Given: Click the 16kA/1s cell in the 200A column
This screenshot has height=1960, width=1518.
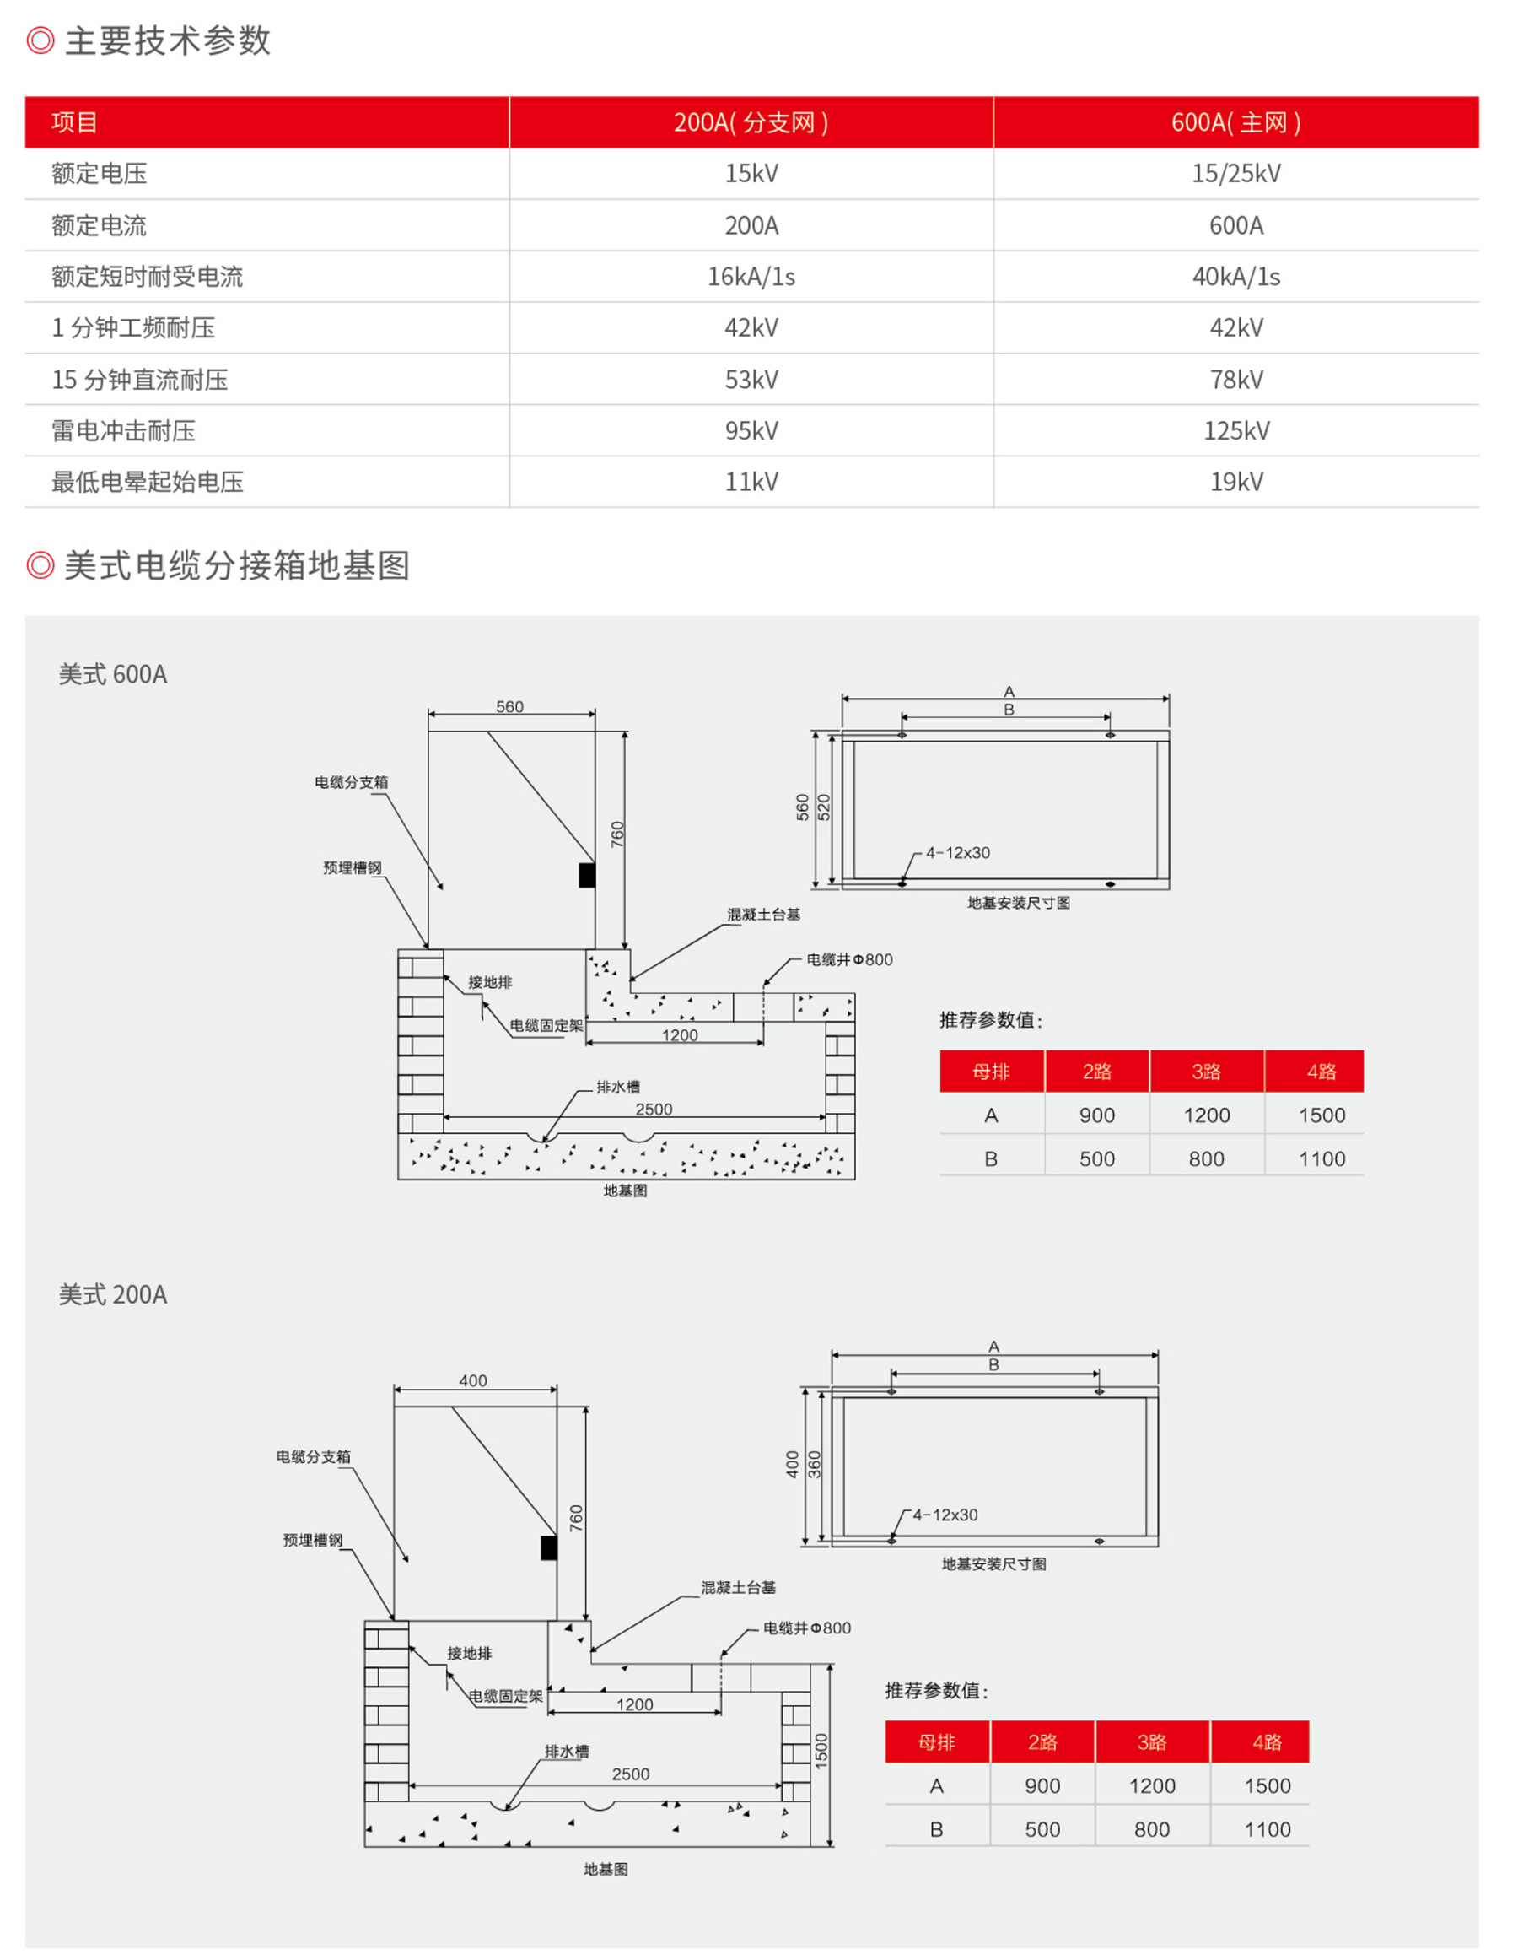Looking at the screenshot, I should pyautogui.click(x=751, y=277).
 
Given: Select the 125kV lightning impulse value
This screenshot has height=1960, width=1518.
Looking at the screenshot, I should pyautogui.click(x=1235, y=431).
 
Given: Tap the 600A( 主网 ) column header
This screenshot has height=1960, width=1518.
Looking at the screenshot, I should pyautogui.click(x=1235, y=122).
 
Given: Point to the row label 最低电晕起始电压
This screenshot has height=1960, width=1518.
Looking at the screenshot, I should pyautogui.click(x=147, y=482).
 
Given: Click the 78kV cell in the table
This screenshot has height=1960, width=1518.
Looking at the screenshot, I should pyautogui.click(x=1235, y=380).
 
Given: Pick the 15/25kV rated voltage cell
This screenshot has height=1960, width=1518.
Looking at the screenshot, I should pyautogui.click(x=1235, y=173).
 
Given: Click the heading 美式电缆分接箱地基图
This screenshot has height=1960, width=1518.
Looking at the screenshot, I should pyautogui.click(x=237, y=565).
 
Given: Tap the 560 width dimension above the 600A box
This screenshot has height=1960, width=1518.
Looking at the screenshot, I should pyautogui.click(x=509, y=707).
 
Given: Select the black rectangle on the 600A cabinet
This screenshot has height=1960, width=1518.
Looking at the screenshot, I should pyautogui.click(x=587, y=875).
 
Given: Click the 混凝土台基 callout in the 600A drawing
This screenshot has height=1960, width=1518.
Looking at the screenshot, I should pyautogui.click(x=763, y=915).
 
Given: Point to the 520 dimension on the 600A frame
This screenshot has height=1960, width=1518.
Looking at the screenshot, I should pyautogui.click(x=825, y=807).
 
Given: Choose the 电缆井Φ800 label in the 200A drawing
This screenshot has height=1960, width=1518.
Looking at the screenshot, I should pyautogui.click(x=806, y=1628).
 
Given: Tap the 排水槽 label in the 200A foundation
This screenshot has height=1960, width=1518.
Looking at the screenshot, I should pyautogui.click(x=566, y=1751).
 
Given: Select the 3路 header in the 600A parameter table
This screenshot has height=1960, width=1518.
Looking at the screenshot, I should pyautogui.click(x=1206, y=1072).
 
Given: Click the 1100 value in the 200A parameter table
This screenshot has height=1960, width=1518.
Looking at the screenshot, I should pyautogui.click(x=1267, y=1830).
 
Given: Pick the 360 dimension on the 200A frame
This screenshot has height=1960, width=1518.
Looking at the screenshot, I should pyautogui.click(x=815, y=1465).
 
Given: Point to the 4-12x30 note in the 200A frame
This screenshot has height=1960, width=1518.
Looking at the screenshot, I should pyautogui.click(x=945, y=1515).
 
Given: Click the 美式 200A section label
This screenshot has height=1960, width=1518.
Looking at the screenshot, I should pyautogui.click(x=113, y=1295).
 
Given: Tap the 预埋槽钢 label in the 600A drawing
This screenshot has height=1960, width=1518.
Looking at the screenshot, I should pyautogui.click(x=352, y=868).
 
